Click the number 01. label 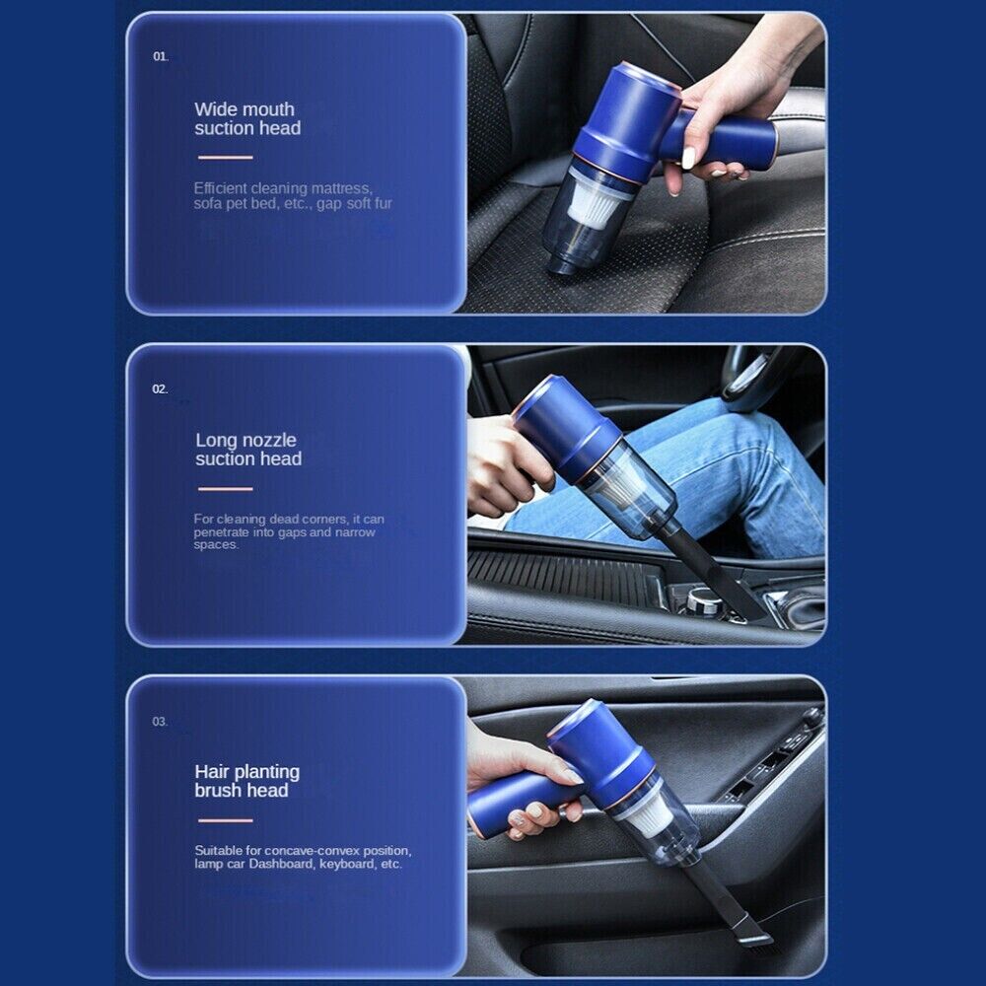point(161,56)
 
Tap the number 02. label point(161,389)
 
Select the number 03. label point(161,722)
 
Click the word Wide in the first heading point(214,109)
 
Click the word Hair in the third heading point(212,772)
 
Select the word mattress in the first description point(341,188)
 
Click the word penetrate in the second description point(221,532)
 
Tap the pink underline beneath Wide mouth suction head point(225,157)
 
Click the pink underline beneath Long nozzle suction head point(225,489)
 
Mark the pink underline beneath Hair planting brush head point(225,820)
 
